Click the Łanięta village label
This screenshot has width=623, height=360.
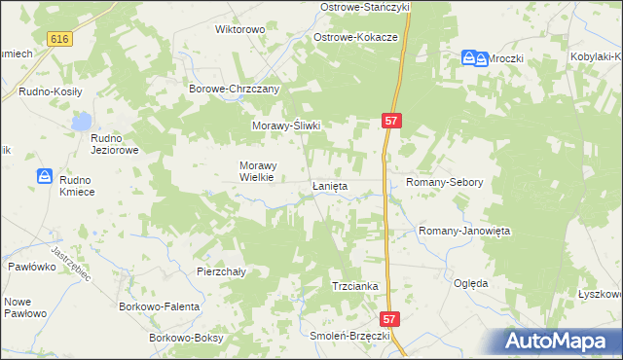click(x=329, y=186)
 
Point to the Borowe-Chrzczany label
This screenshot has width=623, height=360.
click(x=234, y=89)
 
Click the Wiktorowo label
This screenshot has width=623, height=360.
click(x=239, y=29)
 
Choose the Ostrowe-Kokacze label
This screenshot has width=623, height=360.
click(x=355, y=37)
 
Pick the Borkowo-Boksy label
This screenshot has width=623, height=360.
click(x=186, y=338)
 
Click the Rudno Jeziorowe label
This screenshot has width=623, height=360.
click(x=116, y=144)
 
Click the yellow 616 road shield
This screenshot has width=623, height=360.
click(x=59, y=38)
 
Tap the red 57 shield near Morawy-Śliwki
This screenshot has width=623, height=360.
click(x=390, y=120)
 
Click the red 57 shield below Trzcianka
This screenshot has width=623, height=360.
click(x=389, y=318)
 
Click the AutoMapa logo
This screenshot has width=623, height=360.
click(x=558, y=341)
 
